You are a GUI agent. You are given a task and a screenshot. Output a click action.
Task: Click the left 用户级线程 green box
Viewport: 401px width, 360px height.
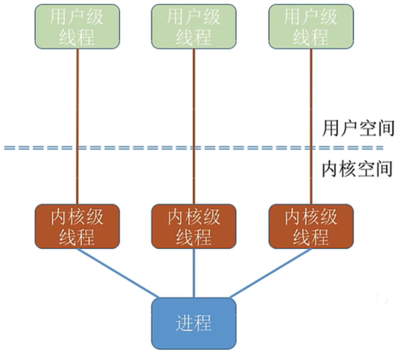pyautogui.click(x=77, y=26)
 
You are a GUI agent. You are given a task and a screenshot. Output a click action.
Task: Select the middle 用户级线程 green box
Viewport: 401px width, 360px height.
pyautogui.click(x=194, y=26)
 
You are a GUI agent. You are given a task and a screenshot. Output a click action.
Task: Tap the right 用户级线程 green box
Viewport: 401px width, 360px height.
pyautogui.click(x=310, y=26)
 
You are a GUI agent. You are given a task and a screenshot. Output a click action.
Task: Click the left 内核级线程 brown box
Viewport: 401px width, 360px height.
pyautogui.click(x=77, y=226)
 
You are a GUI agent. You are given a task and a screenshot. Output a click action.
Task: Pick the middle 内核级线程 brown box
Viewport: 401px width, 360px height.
pyautogui.click(x=194, y=226)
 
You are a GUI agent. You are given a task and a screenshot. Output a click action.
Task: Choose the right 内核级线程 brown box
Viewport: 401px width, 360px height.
pyautogui.click(x=310, y=226)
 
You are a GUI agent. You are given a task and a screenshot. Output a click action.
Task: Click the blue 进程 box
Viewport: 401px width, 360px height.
pyautogui.click(x=194, y=323)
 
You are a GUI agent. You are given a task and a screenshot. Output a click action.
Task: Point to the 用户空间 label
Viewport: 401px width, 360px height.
pyautogui.click(x=358, y=129)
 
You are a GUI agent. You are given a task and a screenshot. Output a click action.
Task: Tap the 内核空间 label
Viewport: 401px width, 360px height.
pyautogui.click(x=358, y=169)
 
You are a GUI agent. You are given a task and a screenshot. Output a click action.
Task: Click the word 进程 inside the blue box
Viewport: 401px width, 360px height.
pyautogui.click(x=194, y=323)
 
